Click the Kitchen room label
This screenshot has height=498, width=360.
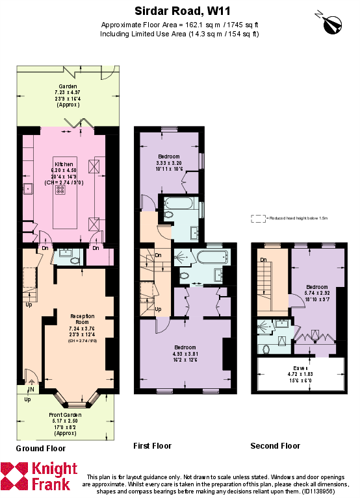64,164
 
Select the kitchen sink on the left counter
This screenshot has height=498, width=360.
28,189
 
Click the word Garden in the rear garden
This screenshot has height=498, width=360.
68,86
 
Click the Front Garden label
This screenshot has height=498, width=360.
66,414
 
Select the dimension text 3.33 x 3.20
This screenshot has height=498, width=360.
170,163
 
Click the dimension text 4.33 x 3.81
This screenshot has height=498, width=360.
185,354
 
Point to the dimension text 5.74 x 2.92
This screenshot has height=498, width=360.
317,293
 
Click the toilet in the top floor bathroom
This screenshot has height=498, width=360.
266,349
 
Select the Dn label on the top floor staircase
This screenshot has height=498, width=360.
264,260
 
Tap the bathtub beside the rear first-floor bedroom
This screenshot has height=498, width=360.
178,203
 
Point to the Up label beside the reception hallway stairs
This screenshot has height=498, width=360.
29,305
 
